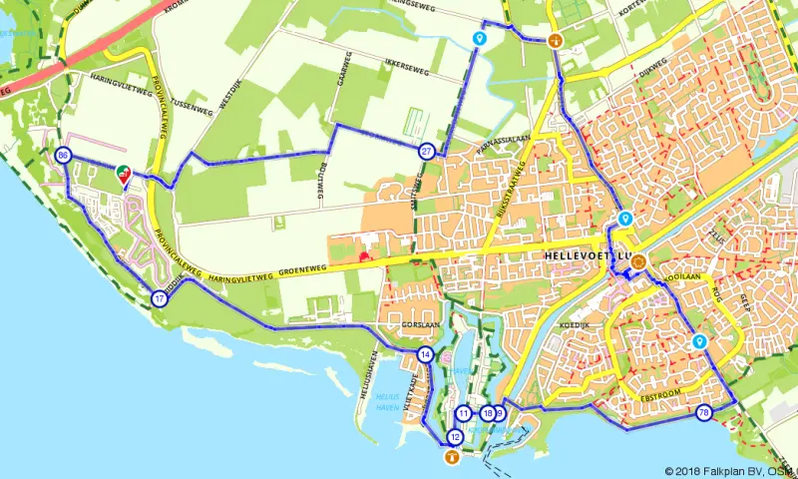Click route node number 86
pos(63,156)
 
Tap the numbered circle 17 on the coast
pos(160,298)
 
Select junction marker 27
pos(426,152)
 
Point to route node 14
pos(426,355)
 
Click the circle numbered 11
pos(463,413)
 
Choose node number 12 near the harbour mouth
pos(455,436)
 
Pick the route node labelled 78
pos(704,413)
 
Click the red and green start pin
pos(124,174)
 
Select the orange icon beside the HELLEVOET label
pos(638,262)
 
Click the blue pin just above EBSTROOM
pos(699,342)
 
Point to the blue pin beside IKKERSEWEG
pos(480,39)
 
